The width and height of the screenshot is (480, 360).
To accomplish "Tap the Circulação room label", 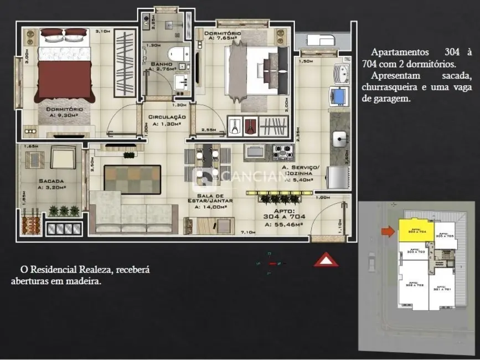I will pyautogui.click(x=167, y=120).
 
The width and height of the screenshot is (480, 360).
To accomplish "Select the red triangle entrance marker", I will pyautogui.click(x=326, y=259).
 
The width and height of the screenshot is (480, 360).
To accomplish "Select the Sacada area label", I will pyautogui.click(x=51, y=184).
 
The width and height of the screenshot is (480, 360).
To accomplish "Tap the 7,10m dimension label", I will pyautogui.click(x=247, y=233).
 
